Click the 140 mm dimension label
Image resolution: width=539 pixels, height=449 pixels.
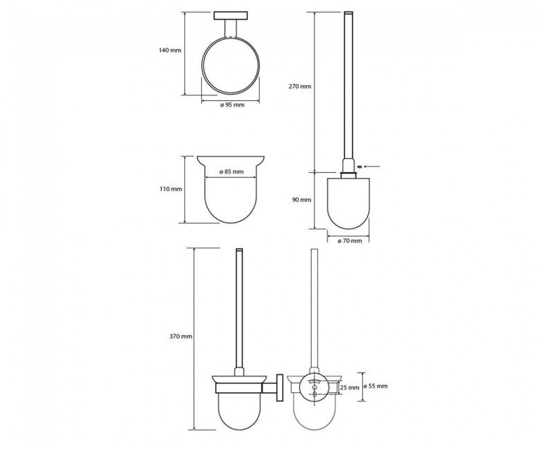[170, 50]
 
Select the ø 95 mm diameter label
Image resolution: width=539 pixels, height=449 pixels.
[232, 105]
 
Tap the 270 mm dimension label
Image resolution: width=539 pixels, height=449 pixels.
[300, 86]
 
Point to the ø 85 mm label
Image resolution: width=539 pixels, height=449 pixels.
[231, 171]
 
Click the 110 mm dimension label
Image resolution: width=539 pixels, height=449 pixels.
[171, 189]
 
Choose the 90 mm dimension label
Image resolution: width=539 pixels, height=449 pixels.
[301, 200]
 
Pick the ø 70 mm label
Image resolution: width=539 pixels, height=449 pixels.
[350, 241]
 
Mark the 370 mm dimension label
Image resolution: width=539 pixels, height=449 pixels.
[181, 336]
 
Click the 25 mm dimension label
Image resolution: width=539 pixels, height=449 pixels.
[349, 388]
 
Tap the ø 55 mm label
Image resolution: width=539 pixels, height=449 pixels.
[375, 386]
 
